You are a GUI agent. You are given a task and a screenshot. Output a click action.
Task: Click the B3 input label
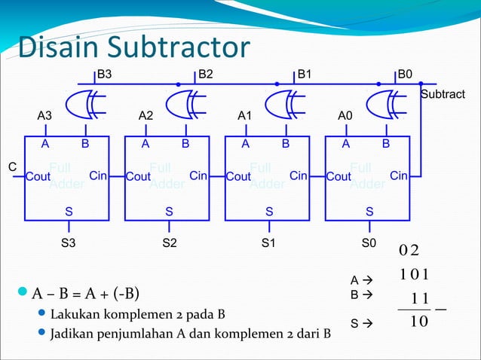coord(106,75)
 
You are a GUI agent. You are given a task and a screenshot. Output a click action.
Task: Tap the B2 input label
coord(206,75)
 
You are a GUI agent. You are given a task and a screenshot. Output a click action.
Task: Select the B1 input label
coord(305,75)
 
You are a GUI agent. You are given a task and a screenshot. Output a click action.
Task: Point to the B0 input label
coord(406,75)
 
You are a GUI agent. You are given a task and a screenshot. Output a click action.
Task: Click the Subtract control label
coord(443,94)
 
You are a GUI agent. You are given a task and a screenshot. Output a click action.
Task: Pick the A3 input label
coord(45,116)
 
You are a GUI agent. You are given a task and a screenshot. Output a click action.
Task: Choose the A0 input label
coord(345,116)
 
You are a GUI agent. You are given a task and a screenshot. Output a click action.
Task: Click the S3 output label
coord(69,243)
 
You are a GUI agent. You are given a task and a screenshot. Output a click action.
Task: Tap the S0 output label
coord(369,243)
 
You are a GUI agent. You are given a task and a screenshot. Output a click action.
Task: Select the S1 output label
coord(269,243)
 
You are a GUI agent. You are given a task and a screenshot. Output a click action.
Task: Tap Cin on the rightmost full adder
coord(399,176)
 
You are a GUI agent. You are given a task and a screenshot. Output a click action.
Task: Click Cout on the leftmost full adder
coord(38,177)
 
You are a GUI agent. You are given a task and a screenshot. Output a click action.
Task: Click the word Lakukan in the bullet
coord(72,313)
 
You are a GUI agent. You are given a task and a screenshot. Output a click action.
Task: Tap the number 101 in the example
coord(415,273)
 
